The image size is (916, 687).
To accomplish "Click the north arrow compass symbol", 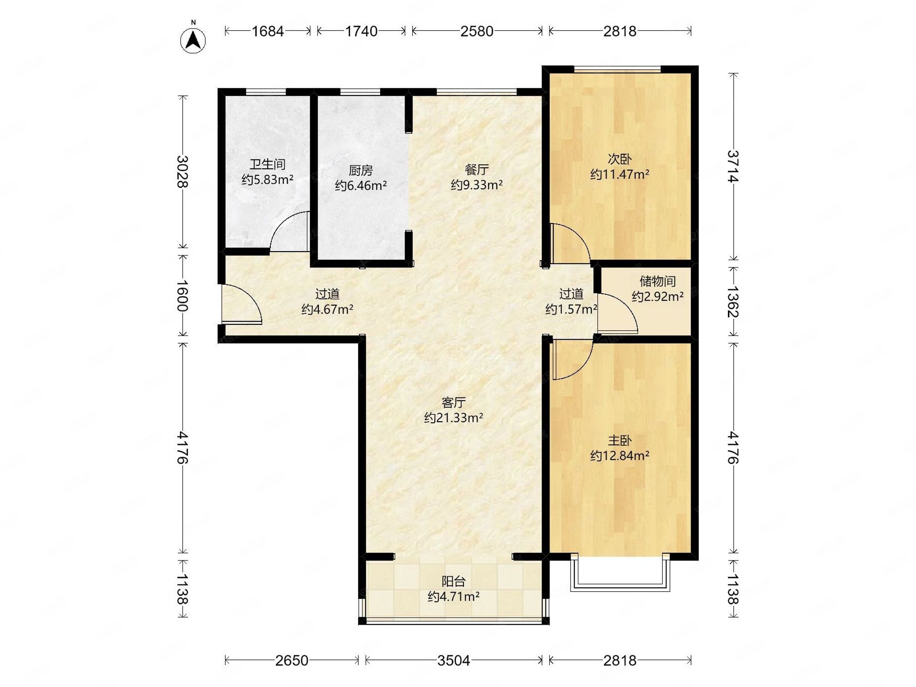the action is [x=193, y=40].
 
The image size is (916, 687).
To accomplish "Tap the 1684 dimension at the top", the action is [x=268, y=31].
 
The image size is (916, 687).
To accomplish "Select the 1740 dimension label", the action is [x=361, y=31].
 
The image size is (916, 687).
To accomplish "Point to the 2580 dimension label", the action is [x=477, y=31].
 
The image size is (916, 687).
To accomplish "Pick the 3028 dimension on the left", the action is [x=182, y=171].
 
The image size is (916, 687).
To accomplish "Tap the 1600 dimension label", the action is [x=182, y=296].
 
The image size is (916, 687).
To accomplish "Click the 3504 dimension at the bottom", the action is [x=454, y=661].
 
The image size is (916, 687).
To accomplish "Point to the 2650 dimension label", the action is [x=292, y=661].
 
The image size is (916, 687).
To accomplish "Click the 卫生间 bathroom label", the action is [x=268, y=164].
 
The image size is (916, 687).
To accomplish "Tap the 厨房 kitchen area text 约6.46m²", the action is [x=361, y=185].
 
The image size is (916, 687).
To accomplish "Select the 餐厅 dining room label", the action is [x=477, y=169].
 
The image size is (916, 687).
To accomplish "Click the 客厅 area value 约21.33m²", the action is [x=453, y=418].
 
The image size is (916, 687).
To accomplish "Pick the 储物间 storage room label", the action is [x=658, y=281].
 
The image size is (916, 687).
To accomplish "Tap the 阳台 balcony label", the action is [x=453, y=581].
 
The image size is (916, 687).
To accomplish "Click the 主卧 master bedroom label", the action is [x=619, y=440].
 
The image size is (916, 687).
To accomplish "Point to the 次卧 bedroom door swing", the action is [x=570, y=244].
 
